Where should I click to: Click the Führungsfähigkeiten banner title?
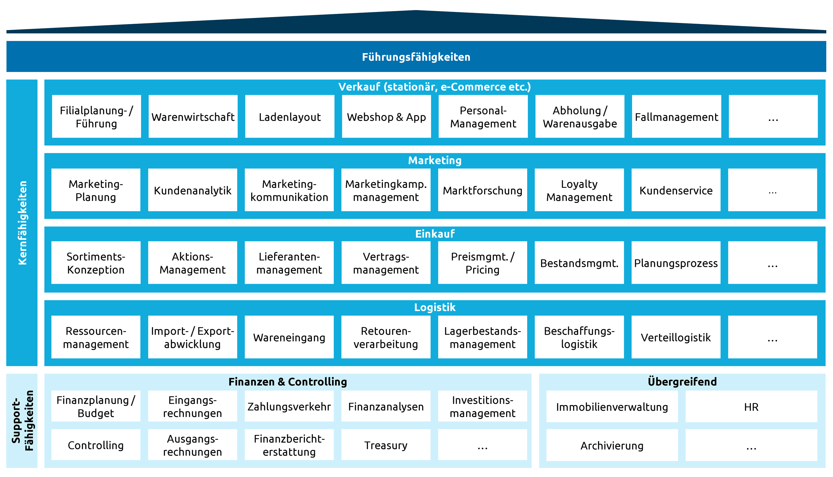(x=416, y=57)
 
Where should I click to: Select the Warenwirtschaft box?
(x=193, y=117)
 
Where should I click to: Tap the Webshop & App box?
(x=386, y=117)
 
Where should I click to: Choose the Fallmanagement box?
(x=676, y=117)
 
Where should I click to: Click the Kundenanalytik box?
(x=193, y=190)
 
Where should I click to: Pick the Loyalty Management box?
(x=579, y=190)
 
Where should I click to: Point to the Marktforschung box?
(x=482, y=190)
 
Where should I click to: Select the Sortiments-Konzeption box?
(x=96, y=263)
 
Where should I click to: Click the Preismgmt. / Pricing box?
(x=482, y=263)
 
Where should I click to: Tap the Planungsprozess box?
(x=676, y=263)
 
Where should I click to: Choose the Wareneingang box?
(x=289, y=337)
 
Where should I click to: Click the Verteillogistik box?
(x=676, y=337)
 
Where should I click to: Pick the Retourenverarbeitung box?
(x=386, y=337)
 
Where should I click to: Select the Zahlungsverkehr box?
(x=289, y=406)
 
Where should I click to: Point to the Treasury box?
(x=386, y=445)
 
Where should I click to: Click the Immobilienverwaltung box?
(x=612, y=407)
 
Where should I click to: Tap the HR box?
(x=751, y=407)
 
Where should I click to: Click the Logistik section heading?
(x=435, y=307)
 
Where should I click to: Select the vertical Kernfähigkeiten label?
(x=22, y=223)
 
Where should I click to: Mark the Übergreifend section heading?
(x=682, y=381)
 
